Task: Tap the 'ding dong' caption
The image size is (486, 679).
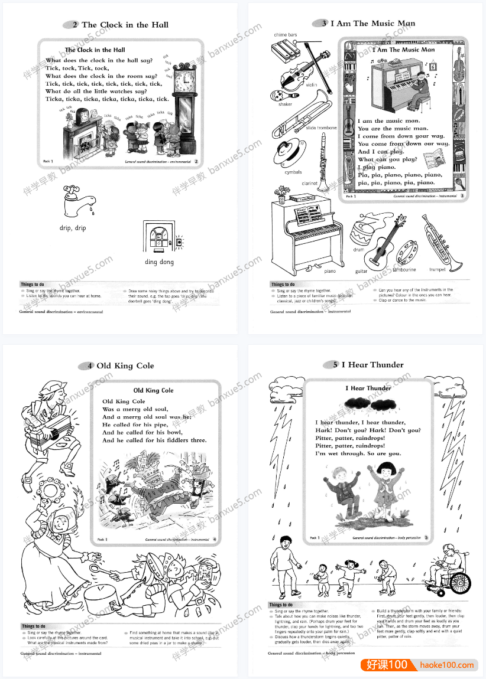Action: [x=159, y=262]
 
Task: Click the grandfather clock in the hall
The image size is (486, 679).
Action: [x=184, y=106]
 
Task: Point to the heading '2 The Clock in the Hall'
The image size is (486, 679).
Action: [x=120, y=25]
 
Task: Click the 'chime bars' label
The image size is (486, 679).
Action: [x=285, y=35]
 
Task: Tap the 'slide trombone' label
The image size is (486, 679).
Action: [x=321, y=128]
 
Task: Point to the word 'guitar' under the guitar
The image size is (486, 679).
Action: [x=361, y=272]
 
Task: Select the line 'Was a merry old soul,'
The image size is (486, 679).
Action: [x=135, y=409]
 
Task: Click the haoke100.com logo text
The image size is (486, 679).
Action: [x=446, y=665]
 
